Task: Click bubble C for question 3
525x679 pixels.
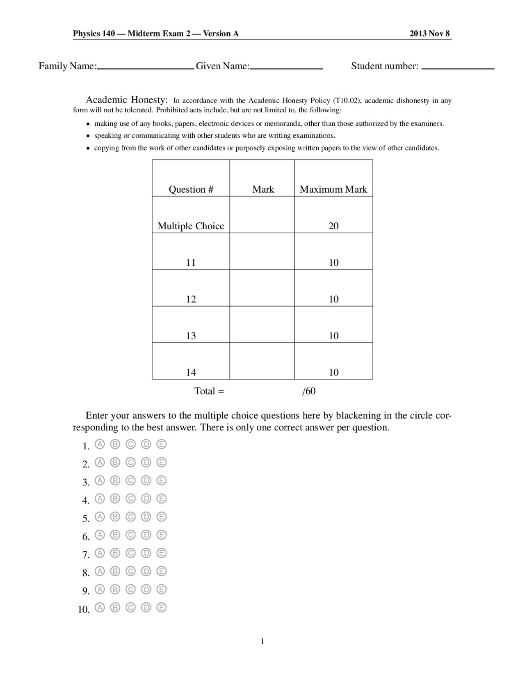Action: [x=130, y=481]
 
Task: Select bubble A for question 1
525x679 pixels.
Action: [x=100, y=444]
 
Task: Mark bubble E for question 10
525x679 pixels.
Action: [x=162, y=608]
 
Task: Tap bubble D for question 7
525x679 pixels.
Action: [x=146, y=553]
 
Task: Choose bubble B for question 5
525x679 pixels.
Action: [x=115, y=517]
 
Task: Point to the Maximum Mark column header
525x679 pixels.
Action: [x=333, y=189]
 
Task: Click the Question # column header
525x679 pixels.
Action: [x=191, y=189]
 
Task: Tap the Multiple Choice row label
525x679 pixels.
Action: [x=191, y=226]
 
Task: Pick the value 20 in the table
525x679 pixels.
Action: [x=333, y=226]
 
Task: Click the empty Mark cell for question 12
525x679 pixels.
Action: [x=262, y=288]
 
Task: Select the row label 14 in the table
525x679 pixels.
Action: [x=191, y=372]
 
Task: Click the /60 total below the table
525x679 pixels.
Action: [x=309, y=391]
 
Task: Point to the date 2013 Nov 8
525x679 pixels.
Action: [x=429, y=34]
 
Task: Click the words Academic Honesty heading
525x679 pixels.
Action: [x=126, y=100]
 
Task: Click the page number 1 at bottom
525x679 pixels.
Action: [x=262, y=642]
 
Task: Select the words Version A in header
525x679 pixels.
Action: [x=221, y=34]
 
